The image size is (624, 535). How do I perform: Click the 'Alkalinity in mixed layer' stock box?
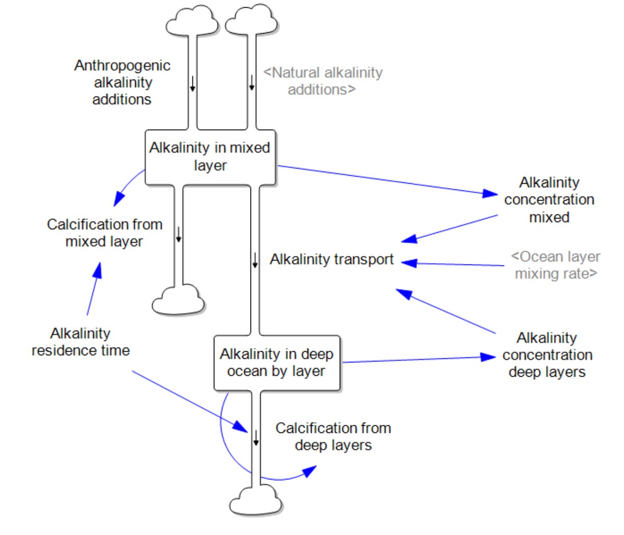pos(210,157)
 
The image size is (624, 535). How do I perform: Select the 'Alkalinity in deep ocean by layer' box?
pos(277,362)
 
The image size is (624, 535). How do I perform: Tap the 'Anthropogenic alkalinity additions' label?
pos(122,82)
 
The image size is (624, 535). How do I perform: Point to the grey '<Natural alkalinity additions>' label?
pos(322,81)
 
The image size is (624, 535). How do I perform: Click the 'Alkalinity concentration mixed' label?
pos(549,200)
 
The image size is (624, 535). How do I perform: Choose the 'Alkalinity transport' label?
pos(332,259)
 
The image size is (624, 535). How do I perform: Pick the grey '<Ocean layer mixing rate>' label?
pos(556,265)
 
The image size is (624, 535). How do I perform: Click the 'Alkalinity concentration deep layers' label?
pos(547,355)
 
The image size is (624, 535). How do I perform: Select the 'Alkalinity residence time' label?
pos(81,342)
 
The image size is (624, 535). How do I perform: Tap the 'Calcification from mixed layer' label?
pos(105,233)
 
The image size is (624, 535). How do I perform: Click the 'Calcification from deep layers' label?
pos(333,436)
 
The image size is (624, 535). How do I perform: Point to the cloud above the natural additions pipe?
pos(252,20)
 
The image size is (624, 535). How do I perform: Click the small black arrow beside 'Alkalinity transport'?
pos(255,260)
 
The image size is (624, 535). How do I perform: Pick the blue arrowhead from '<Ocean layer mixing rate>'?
pos(409,263)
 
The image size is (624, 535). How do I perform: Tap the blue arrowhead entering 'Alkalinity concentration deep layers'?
pos(489,357)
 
